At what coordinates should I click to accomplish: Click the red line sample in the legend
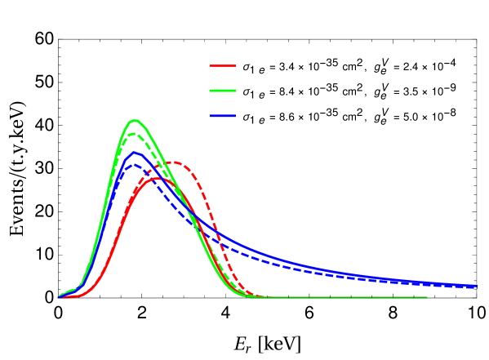[223, 65]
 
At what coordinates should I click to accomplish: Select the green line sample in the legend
[223, 91]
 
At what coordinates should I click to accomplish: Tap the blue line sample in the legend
[223, 116]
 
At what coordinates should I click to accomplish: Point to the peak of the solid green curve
[135, 121]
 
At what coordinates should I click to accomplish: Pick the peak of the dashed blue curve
[137, 164]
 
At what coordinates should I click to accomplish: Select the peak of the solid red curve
[155, 178]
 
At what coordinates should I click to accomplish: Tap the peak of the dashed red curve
[174, 162]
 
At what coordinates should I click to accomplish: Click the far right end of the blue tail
[477, 286]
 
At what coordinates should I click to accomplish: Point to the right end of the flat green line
[427, 297]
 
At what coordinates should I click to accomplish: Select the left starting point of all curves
[59, 296]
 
